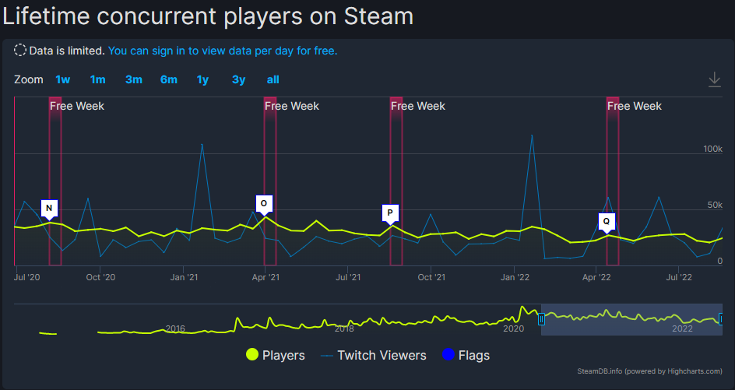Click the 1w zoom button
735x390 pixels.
click(x=62, y=79)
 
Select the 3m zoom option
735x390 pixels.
click(x=133, y=79)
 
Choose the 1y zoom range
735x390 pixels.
click(x=202, y=79)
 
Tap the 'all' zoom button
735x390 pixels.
click(x=273, y=79)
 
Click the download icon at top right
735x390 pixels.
click(x=714, y=79)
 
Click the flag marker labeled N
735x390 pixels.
click(x=49, y=208)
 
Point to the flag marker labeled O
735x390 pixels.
click(x=264, y=203)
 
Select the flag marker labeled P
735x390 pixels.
click(x=390, y=213)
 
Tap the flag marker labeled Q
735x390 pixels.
click(x=607, y=221)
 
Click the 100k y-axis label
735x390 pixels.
click(x=712, y=148)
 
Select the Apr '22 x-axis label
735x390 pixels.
click(x=596, y=276)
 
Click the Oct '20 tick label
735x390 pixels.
click(x=100, y=276)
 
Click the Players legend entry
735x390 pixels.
click(x=276, y=355)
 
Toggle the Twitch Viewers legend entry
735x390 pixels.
click(x=374, y=355)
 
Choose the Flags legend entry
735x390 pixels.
click(x=466, y=355)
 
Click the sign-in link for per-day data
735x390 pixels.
click(x=223, y=51)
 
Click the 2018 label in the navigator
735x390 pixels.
click(x=344, y=329)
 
